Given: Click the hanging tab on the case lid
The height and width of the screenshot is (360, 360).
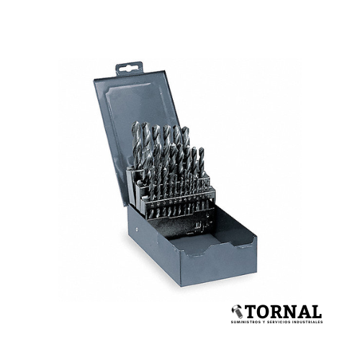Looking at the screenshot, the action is [x=129, y=68].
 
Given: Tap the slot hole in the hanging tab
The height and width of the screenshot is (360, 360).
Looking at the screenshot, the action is [x=130, y=69].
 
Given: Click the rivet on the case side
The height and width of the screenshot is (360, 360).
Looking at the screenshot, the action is [x=137, y=229].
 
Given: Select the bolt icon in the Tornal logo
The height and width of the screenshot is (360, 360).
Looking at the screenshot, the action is [x=237, y=312].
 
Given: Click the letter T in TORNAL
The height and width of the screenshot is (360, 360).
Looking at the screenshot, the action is [x=251, y=312].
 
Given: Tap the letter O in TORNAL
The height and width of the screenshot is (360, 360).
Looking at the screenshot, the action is [x=264, y=312].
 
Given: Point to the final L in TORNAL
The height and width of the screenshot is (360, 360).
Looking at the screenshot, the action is [x=315, y=312].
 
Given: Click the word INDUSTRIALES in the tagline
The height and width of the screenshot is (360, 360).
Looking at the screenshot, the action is [x=305, y=322].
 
